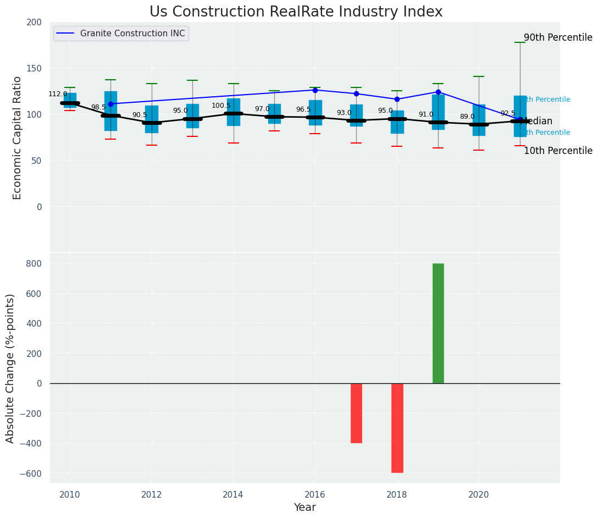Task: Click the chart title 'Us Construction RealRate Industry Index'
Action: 296,12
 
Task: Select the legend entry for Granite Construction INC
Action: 132,34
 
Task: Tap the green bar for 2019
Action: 438,323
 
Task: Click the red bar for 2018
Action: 397,428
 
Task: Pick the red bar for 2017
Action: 356,413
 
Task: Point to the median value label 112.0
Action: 58,94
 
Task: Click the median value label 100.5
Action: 221,106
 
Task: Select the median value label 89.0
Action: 467,117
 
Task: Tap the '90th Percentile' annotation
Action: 558,38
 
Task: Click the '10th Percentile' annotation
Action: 558,151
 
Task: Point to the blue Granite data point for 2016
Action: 315,90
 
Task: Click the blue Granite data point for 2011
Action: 110,104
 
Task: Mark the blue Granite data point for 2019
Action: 438,92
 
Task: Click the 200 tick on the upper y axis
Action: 34,22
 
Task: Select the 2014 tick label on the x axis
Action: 234,494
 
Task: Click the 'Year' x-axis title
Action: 304,508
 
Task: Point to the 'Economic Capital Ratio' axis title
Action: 17,137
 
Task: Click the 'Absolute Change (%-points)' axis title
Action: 10,368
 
